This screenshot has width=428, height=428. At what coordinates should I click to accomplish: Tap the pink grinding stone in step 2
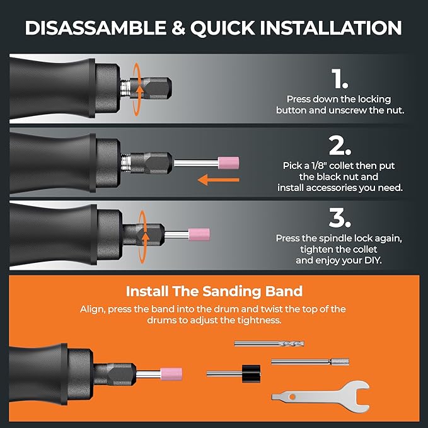click(226, 163)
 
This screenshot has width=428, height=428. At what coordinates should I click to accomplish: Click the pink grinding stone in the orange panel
click(171, 374)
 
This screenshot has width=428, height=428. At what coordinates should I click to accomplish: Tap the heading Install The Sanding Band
click(214, 292)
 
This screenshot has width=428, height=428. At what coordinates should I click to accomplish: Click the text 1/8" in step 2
click(319, 166)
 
